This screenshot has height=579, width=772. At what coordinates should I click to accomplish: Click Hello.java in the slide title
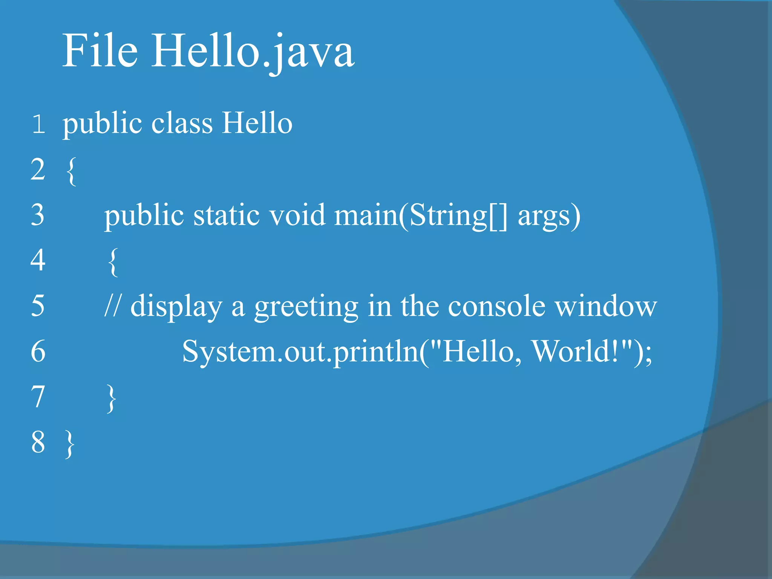(253, 51)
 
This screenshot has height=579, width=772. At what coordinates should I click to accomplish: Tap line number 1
(38, 124)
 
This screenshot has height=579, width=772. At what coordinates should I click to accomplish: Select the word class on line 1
(182, 123)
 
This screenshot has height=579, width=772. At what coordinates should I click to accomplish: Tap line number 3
(38, 215)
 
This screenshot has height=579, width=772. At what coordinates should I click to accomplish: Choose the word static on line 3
(227, 215)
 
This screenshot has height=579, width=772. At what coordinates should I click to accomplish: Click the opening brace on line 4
(113, 262)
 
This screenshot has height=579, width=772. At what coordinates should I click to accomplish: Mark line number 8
(38, 442)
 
